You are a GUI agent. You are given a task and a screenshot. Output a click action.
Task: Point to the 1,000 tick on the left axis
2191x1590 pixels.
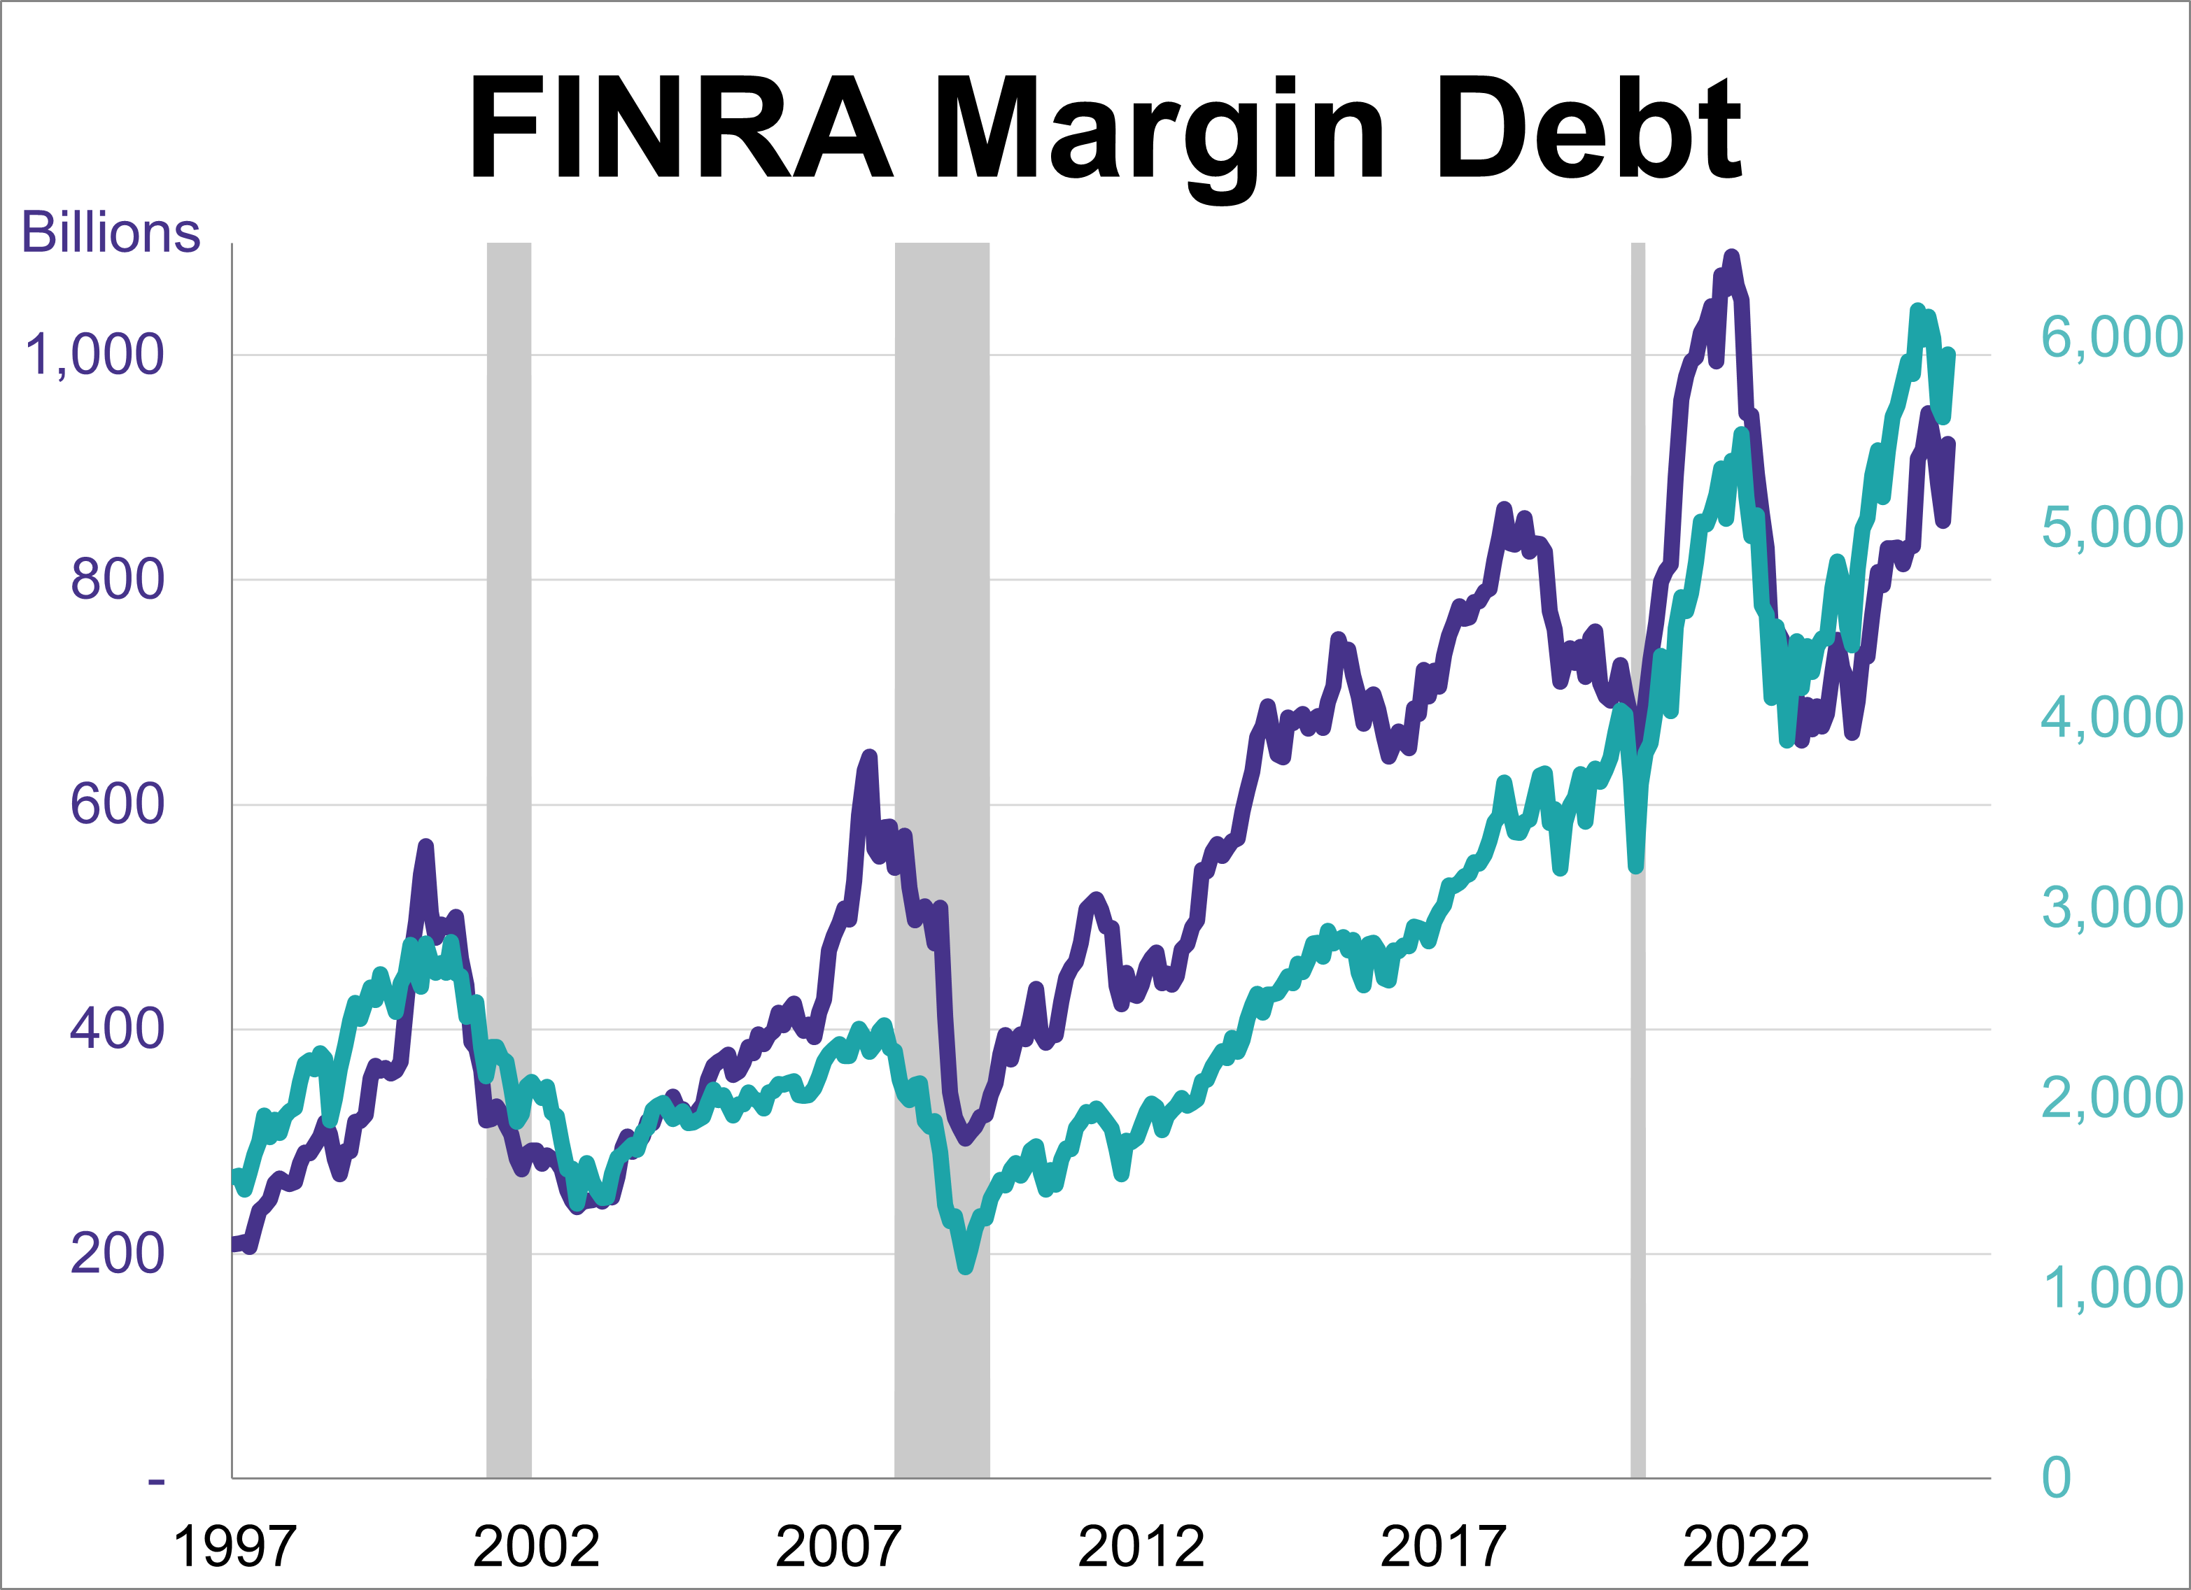pos(94,355)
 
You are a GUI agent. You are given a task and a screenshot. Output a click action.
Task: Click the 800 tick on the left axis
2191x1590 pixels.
pos(117,580)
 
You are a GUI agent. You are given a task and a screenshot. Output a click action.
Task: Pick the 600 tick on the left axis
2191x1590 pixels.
pos(117,804)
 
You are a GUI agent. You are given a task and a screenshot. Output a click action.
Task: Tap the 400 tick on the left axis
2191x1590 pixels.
pos(117,1029)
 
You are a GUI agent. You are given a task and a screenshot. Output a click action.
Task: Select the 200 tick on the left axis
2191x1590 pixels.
pos(117,1254)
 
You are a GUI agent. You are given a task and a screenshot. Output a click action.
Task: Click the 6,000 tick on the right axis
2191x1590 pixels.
pos(2111,337)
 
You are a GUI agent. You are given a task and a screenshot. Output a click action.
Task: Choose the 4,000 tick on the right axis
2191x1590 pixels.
pos(2111,717)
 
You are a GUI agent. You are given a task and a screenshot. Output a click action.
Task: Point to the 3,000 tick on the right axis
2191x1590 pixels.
pos(2111,907)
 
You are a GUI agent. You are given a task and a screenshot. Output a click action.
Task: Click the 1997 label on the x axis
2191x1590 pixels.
pos(234,1547)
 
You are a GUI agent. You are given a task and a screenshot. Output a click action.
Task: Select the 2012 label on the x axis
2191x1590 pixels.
pos(1141,1547)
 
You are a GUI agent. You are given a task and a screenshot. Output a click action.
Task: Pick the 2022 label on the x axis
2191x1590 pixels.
pos(1746,1547)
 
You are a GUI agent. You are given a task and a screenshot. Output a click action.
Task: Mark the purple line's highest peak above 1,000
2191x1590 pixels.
pos(1731,256)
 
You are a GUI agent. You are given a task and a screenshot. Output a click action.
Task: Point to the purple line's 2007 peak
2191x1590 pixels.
pos(871,756)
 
